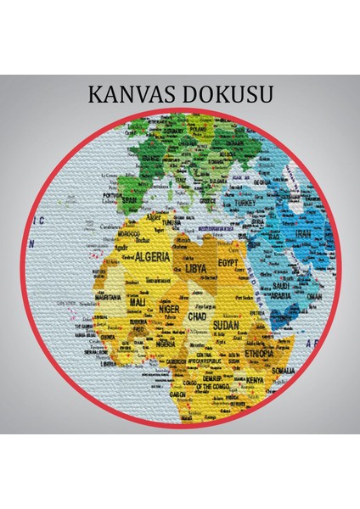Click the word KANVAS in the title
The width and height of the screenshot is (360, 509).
pyautogui.click(x=131, y=92)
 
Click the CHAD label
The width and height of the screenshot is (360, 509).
pyautogui.click(x=196, y=316)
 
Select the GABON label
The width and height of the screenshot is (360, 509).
pyautogui.click(x=179, y=394)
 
